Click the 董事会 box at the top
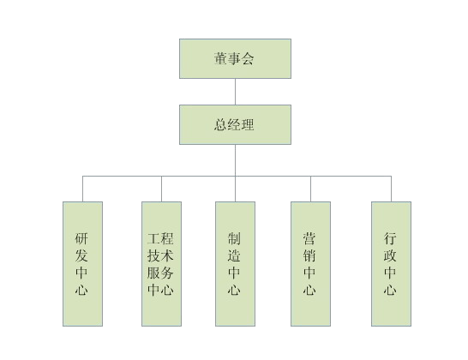[235, 59]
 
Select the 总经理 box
[235, 125]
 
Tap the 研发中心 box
[82, 264]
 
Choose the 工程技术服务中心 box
[161, 264]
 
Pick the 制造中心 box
[235, 264]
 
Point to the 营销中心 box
[310, 264]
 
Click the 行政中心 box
[392, 264]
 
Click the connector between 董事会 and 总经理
[235, 92]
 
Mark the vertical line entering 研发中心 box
[82, 189]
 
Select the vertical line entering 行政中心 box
[392, 189]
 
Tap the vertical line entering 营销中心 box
[310, 189]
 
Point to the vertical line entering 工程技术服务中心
[161, 189]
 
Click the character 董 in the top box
[220, 58]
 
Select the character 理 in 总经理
[248, 124]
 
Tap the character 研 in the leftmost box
[81, 238]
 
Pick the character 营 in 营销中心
[309, 238]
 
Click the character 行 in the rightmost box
[390, 238]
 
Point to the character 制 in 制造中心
[234, 238]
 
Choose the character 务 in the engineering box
[167, 273]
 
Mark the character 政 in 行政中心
[390, 255]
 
